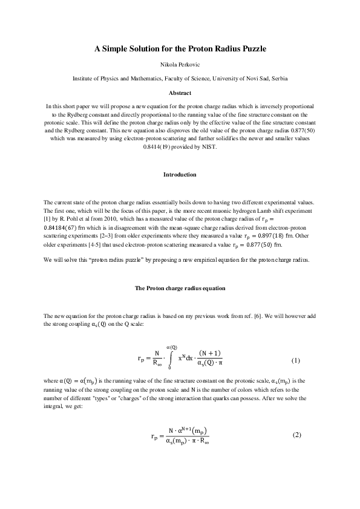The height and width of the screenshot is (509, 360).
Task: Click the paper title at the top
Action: point(180,48)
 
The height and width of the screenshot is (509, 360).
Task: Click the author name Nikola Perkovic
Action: point(180,63)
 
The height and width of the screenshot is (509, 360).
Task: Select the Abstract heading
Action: point(180,92)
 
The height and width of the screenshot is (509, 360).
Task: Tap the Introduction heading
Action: point(180,175)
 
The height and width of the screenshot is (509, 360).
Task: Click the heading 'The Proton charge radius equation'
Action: point(180,288)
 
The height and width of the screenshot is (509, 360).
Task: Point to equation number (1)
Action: point(296,361)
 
